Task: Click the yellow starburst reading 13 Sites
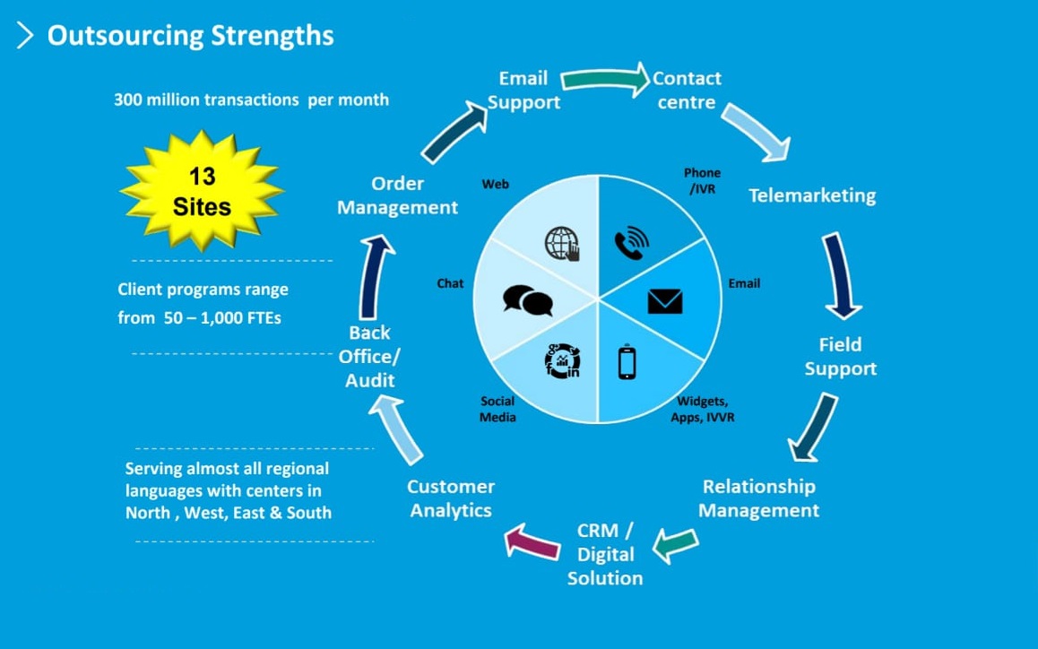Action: coord(202,191)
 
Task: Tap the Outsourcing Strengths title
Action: coord(190,36)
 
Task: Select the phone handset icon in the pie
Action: coord(631,245)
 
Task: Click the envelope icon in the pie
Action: coord(664,301)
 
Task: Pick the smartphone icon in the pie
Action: coord(627,362)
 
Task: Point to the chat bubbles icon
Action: coord(527,300)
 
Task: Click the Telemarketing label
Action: coord(812,195)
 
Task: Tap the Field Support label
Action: coord(840,357)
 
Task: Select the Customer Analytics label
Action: coord(451,498)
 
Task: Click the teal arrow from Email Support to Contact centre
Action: coord(606,80)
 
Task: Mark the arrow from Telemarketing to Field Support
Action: coord(840,275)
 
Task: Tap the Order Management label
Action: coord(397,195)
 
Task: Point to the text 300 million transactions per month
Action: coord(251,100)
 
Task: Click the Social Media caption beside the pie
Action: coord(497,409)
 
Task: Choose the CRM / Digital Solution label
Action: coord(605,554)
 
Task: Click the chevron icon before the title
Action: coord(25,36)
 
